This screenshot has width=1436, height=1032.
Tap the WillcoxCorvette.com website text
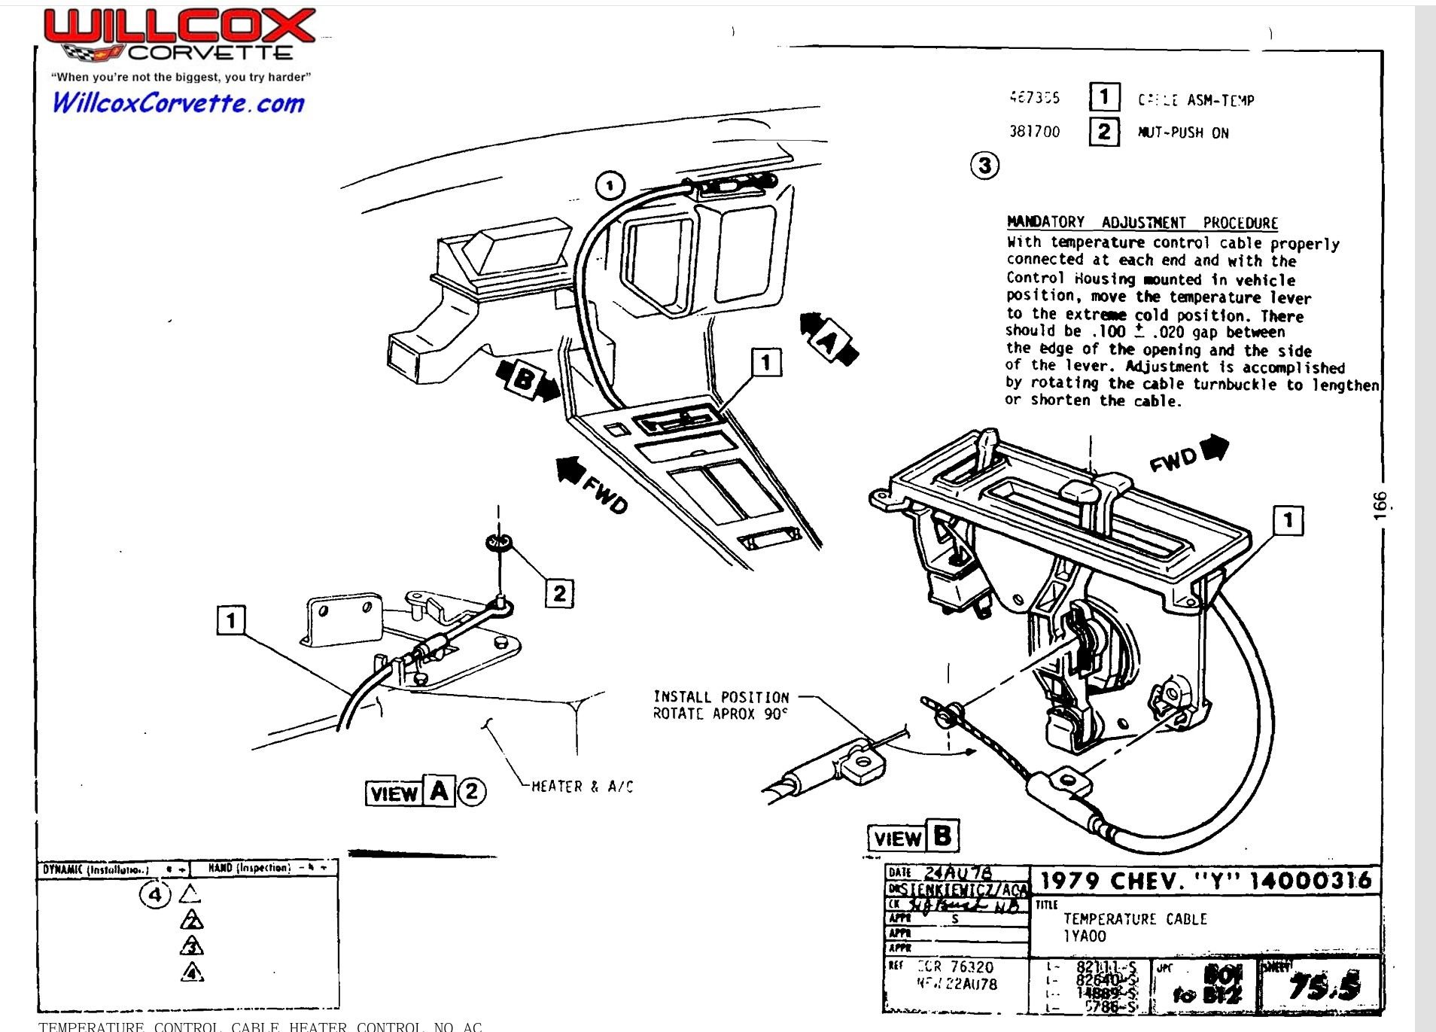[178, 103]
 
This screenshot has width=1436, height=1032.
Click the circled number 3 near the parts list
[984, 165]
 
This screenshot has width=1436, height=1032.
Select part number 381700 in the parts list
[1034, 132]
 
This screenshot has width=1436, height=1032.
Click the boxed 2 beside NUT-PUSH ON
[1103, 132]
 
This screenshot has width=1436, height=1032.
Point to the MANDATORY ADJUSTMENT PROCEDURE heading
[1142, 223]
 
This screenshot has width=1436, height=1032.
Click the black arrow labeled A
[828, 341]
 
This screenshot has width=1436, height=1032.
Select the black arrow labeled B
[528, 380]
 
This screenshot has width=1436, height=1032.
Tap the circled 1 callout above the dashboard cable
[610, 185]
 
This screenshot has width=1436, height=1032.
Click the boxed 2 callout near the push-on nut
[559, 593]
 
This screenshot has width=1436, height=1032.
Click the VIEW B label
[913, 837]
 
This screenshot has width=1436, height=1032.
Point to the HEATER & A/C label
[582, 787]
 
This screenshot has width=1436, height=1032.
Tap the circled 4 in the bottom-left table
[155, 895]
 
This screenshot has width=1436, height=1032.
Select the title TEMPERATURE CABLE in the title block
[1134, 919]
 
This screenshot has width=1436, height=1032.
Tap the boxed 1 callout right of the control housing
[1288, 520]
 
